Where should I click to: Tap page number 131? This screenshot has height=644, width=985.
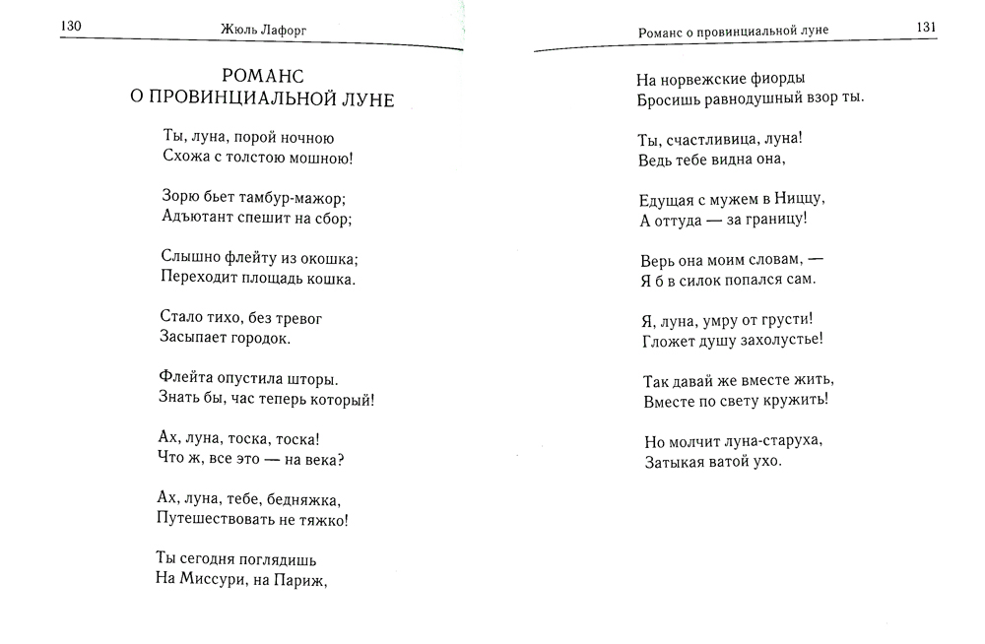pyautogui.click(x=925, y=28)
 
